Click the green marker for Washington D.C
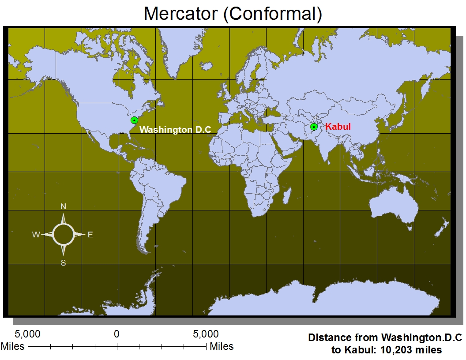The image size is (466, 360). click(134, 120)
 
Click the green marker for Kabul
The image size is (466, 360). click(314, 127)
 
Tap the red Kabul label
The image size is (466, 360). click(338, 127)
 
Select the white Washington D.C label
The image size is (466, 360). click(175, 130)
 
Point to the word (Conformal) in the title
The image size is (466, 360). click(271, 14)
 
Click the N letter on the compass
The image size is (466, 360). click(64, 206)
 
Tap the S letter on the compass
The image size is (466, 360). click(64, 262)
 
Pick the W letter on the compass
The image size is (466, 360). click(36, 235)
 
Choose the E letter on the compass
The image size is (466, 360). click(90, 235)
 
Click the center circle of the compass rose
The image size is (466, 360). click(64, 234)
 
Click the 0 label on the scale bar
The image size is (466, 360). click(116, 334)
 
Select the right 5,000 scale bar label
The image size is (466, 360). click(206, 334)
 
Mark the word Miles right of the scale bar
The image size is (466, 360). click(222, 346)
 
